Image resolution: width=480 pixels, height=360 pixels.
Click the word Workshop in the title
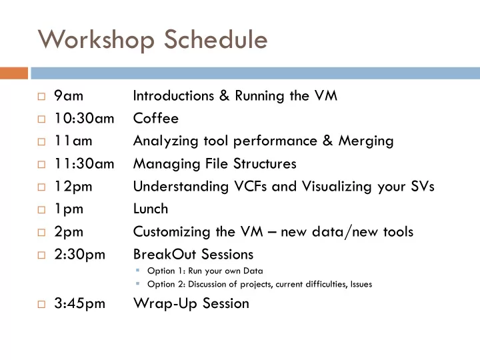(96, 40)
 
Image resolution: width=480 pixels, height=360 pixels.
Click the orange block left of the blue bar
(14, 73)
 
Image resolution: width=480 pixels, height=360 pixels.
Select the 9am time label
(69, 95)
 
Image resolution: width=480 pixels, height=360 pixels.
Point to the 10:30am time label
(84, 118)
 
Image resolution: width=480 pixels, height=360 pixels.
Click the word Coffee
(156, 118)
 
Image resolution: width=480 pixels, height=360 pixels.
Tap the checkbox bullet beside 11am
(41, 142)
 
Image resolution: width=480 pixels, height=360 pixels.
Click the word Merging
(366, 141)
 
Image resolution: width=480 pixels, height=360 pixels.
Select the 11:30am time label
(84, 163)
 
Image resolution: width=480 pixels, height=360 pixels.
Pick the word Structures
(265, 163)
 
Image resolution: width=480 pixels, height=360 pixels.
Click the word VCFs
(251, 186)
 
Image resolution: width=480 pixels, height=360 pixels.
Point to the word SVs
(423, 186)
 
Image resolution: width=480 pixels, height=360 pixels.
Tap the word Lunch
(151, 209)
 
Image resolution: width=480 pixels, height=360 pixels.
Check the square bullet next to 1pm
(41, 210)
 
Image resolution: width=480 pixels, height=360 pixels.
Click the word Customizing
(172, 232)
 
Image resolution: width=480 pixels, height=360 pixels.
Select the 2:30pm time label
(79, 255)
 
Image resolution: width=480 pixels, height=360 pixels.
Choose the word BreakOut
(165, 254)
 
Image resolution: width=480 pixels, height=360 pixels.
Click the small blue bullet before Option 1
(138, 270)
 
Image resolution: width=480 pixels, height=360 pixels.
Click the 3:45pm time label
(79, 304)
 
